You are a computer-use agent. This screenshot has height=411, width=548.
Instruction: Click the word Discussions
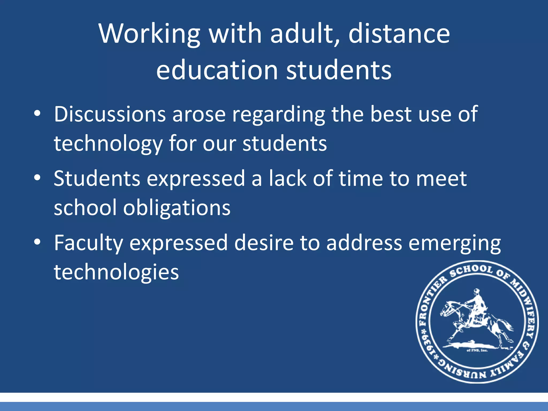click(110, 114)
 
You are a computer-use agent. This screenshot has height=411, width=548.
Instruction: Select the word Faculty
click(88, 243)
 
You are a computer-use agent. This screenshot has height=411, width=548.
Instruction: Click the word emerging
click(455, 243)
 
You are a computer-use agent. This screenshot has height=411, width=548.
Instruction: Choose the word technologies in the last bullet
click(116, 272)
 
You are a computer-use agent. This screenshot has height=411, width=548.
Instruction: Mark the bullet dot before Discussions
click(37, 114)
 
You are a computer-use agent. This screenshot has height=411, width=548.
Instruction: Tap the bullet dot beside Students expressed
click(37, 178)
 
